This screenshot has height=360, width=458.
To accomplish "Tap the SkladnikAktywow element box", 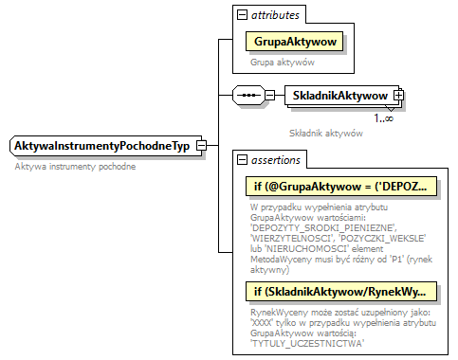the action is point(339,96).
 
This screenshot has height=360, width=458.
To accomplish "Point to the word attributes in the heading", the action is point(276,15).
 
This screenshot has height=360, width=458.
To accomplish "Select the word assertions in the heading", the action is point(277,160).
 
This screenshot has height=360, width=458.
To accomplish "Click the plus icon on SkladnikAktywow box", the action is point(398,96).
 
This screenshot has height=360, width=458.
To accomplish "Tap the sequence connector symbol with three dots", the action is point(247,96).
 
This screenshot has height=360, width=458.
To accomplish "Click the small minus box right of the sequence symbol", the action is point(270,96).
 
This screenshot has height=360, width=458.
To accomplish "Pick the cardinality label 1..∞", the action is point(384,117).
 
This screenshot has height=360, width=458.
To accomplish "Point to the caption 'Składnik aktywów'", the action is point(327,134).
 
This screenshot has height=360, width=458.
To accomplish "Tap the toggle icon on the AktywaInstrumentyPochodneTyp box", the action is point(201,146).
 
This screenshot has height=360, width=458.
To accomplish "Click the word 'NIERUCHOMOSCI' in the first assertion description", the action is point(308,248).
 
